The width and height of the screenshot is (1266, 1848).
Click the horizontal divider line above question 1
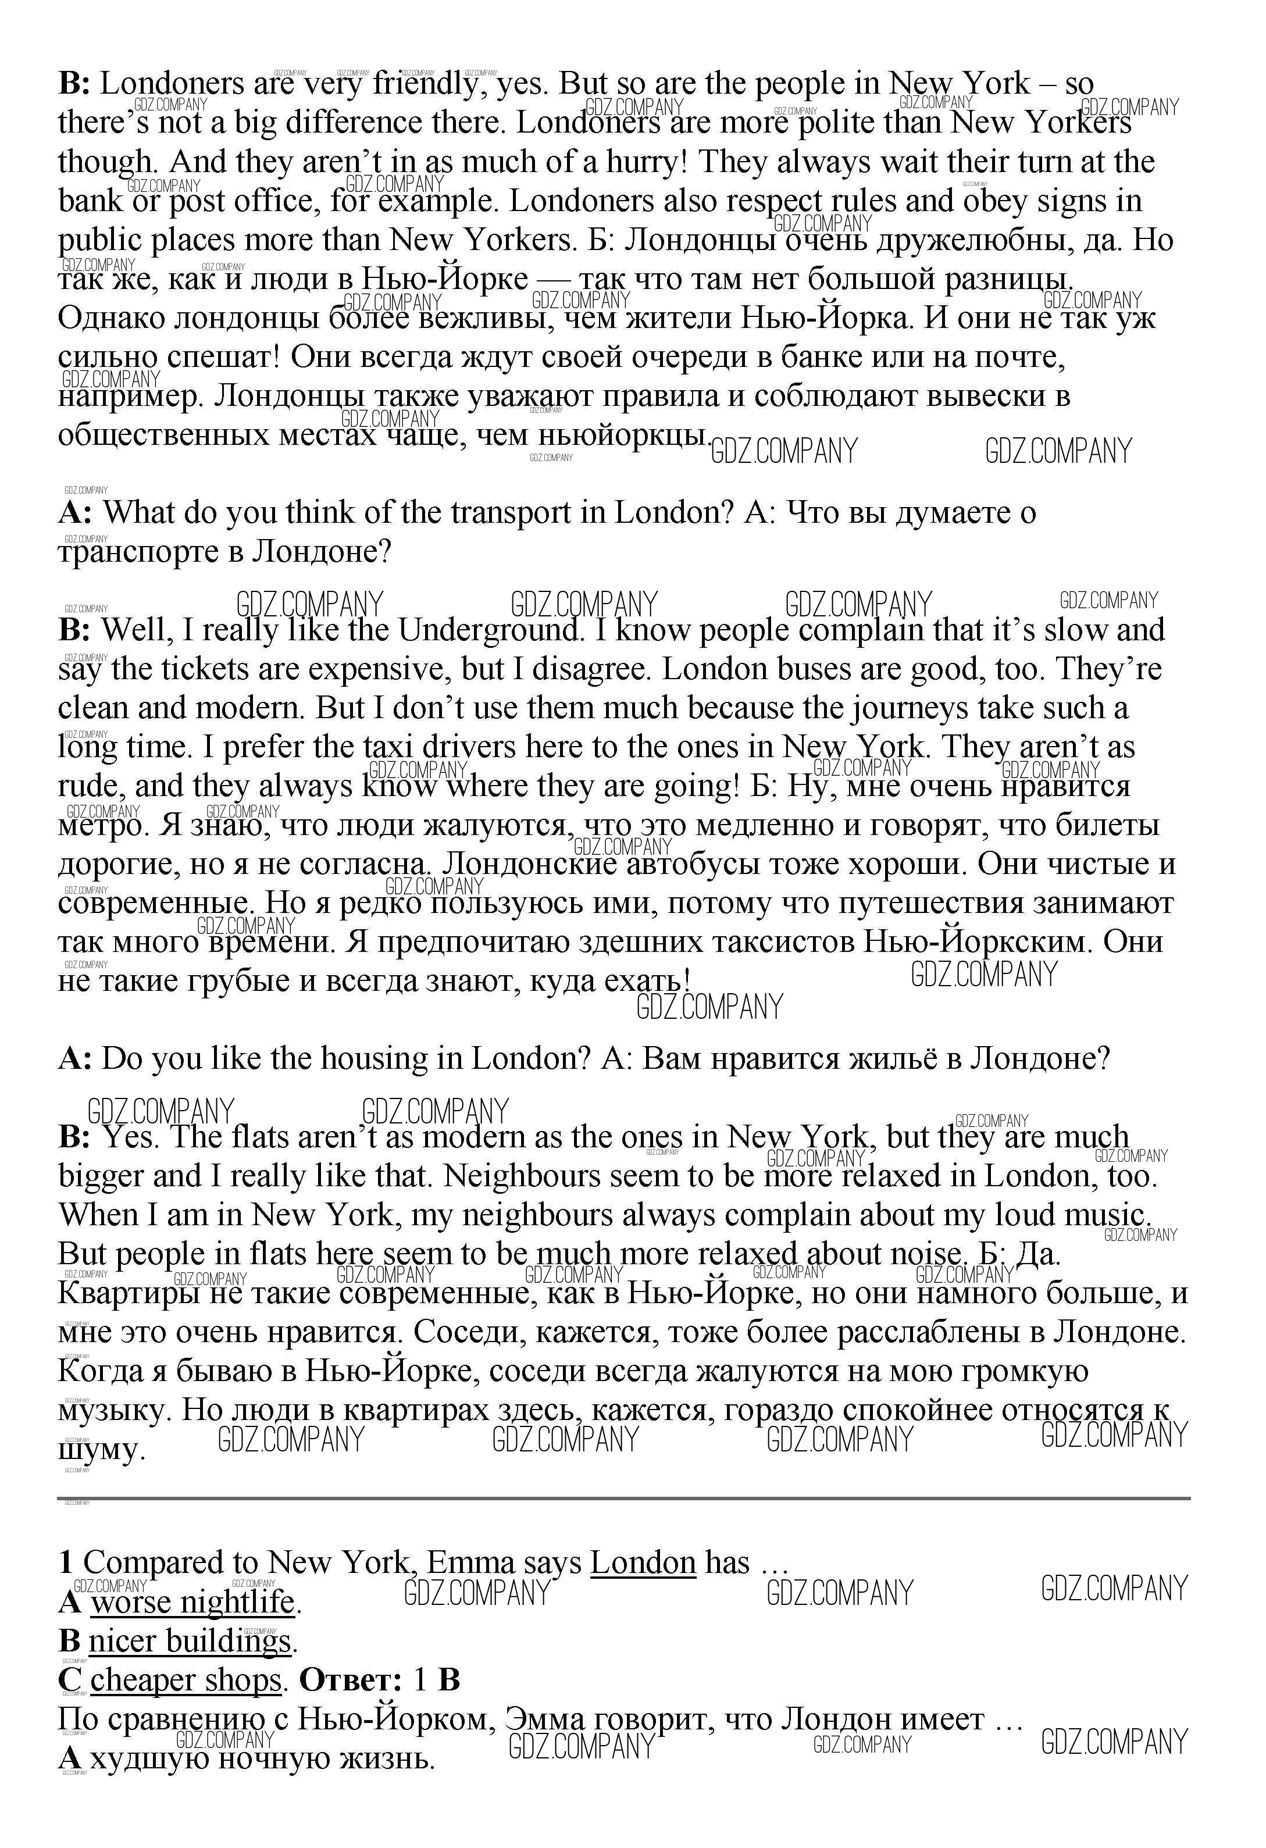pos(623,1499)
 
